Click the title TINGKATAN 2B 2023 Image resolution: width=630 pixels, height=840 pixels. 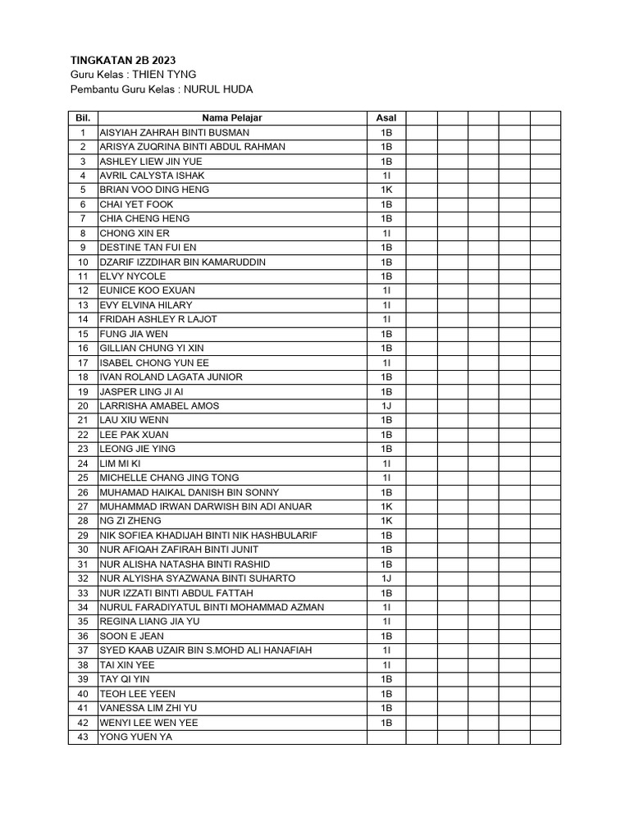122,60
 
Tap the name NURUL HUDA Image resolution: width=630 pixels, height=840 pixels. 219,89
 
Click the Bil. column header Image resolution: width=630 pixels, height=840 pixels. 82,118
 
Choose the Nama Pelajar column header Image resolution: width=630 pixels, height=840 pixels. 232,118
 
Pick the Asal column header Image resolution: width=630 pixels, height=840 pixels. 386,118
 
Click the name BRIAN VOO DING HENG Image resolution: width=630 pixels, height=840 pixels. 154,189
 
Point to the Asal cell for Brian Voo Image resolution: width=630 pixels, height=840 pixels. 386,189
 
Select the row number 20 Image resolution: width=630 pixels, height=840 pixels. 83,406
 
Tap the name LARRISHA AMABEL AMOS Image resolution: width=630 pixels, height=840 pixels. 159,406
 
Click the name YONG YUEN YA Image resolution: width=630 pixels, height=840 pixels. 136,737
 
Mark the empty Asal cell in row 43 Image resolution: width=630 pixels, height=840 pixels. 386,737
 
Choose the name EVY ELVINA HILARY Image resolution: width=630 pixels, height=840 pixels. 146,305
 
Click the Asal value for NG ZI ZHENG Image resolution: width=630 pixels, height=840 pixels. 386,521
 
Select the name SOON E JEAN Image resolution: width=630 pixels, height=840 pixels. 131,636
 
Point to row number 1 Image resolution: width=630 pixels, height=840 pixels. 83,132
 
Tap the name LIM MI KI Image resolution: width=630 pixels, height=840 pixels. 120,463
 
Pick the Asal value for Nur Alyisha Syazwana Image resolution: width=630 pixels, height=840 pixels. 386,578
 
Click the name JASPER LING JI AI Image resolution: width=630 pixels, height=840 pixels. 141,391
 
